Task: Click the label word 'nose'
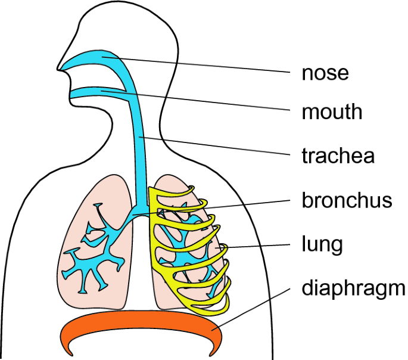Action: [325, 73]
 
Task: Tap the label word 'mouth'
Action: [332, 111]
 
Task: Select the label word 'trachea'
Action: [338, 156]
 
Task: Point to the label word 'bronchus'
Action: [347, 200]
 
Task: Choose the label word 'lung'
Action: [322, 244]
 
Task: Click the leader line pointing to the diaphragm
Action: [256, 307]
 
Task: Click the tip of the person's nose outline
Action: [58, 67]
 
